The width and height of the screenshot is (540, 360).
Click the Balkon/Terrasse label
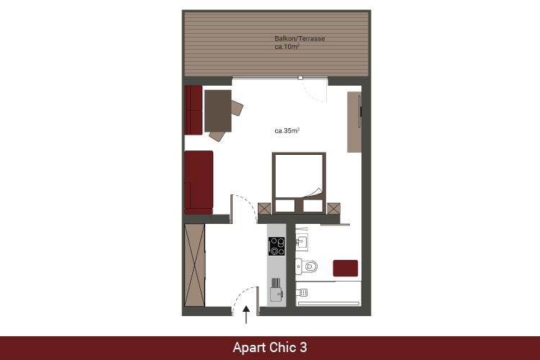coord(300,39)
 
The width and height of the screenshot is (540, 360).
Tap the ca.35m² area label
coord(287,130)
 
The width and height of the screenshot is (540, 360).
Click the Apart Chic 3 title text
coord(270,347)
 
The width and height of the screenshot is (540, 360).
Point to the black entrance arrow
coord(246,315)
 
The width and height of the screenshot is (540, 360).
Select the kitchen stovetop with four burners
coord(276,246)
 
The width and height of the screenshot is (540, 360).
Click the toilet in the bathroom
coord(307,266)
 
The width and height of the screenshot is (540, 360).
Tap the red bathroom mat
coord(346,268)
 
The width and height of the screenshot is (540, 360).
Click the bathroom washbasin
coord(302,242)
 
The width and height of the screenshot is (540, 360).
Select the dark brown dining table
coord(217,111)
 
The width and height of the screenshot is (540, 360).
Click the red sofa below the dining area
coord(199,183)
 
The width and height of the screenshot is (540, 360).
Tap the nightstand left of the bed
coord(264,208)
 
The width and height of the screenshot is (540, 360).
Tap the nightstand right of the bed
coord(333,208)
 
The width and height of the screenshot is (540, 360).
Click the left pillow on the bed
coord(285,206)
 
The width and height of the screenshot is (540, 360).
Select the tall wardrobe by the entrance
coord(195,265)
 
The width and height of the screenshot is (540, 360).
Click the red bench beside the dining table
coord(194,110)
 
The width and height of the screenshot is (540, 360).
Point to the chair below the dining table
coord(217,136)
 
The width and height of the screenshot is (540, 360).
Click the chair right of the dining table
coord(237,108)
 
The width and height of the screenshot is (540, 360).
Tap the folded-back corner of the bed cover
coord(314,192)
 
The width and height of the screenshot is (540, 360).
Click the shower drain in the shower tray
coord(303,292)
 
